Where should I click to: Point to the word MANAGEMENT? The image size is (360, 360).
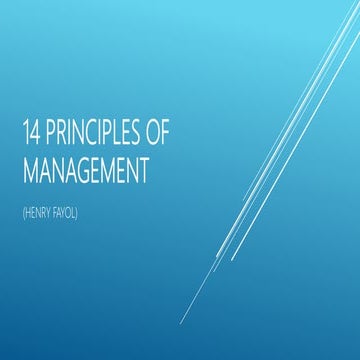85,169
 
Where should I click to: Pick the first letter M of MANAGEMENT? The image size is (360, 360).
30,169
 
